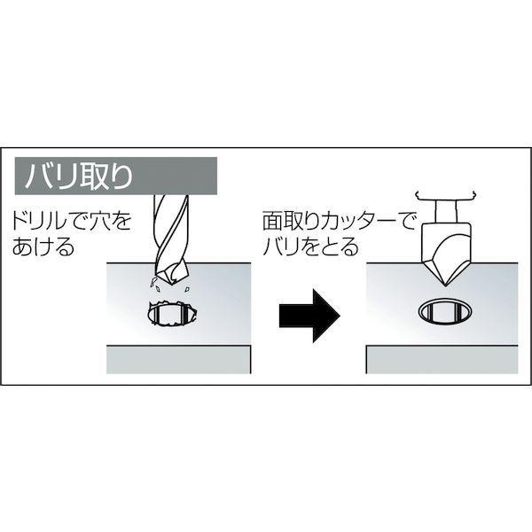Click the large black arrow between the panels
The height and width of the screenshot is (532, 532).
(309, 315)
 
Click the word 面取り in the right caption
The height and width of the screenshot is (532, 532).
(281, 216)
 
